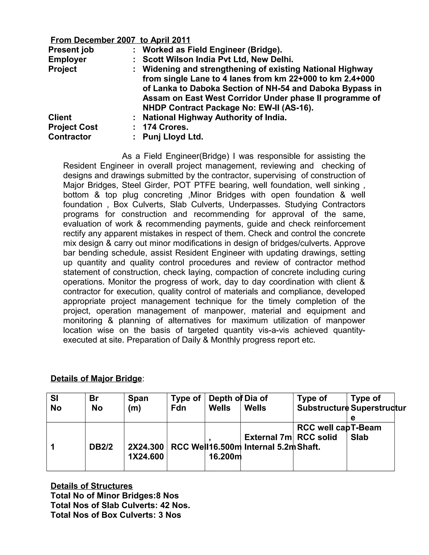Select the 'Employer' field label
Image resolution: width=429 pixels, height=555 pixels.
pos(67,59)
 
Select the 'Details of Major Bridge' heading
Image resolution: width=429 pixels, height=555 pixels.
pos(96,378)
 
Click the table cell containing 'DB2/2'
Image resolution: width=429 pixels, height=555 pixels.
pos(101,447)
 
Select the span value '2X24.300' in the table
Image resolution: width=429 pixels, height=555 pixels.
pos(146,447)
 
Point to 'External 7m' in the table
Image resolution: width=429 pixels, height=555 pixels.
pos(268,437)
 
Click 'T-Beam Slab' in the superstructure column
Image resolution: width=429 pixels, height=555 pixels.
pos(366,432)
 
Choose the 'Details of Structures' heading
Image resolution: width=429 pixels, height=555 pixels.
pos(92,486)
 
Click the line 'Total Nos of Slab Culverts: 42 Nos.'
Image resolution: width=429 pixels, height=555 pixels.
pos(120,505)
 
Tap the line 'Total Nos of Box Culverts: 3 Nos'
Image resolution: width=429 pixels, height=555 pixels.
pos(116,515)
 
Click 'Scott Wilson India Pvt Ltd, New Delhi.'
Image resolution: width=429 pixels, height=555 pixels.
pos(218,59)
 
